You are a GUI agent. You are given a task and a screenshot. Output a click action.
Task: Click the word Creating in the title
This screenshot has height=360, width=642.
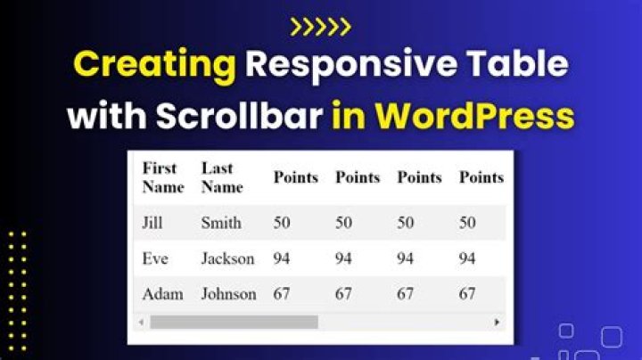(155, 65)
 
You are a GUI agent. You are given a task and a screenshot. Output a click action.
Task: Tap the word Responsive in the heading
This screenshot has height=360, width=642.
(351, 65)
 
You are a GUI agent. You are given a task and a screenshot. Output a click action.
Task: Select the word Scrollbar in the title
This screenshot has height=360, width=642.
(240, 115)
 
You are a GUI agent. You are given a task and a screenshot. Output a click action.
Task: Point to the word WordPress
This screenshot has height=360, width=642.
(475, 115)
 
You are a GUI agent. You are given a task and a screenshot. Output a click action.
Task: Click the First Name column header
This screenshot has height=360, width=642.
(163, 177)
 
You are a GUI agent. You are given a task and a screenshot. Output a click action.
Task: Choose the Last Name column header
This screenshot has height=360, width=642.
(222, 177)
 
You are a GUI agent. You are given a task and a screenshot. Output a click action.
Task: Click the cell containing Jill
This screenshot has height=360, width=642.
(152, 223)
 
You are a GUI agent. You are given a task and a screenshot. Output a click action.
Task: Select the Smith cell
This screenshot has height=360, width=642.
(221, 223)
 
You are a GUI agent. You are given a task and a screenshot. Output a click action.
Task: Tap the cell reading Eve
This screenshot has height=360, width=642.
(155, 258)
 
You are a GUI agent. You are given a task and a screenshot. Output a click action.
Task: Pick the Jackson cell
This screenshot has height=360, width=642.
(227, 258)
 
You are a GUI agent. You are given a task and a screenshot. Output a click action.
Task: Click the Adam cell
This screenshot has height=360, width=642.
(162, 294)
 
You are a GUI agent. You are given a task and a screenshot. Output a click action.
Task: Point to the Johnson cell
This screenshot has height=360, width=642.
(228, 294)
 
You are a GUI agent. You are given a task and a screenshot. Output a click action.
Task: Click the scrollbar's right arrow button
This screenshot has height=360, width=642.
(497, 322)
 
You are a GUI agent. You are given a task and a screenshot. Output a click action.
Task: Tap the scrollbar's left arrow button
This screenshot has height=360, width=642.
(141, 322)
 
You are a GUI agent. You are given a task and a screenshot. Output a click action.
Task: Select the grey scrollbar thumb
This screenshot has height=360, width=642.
(235, 322)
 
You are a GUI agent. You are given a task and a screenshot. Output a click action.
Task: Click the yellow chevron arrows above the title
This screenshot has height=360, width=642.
(321, 27)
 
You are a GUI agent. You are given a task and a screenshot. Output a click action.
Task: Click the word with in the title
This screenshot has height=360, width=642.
(107, 115)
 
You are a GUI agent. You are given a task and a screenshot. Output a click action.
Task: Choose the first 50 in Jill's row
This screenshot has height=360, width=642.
(282, 223)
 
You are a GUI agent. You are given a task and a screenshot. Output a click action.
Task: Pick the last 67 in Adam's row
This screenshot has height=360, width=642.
(467, 294)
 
